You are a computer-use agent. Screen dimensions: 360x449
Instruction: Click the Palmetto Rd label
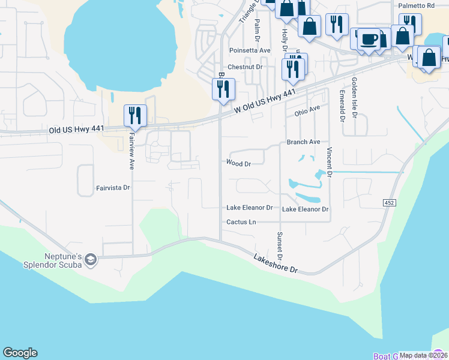(x=417, y=5)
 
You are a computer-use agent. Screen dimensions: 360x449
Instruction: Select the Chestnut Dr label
(x=245, y=67)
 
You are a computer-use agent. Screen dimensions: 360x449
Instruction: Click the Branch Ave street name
(x=303, y=142)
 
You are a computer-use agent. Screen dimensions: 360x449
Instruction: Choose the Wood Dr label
(x=238, y=163)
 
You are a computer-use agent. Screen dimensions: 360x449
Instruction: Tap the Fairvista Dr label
(x=113, y=188)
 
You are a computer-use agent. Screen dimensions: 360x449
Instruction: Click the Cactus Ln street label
(x=241, y=222)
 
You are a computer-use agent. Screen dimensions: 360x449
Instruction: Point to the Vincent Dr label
(x=330, y=162)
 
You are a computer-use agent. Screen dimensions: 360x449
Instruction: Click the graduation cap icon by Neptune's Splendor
(x=91, y=259)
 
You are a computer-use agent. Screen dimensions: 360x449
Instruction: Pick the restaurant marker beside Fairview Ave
(x=135, y=115)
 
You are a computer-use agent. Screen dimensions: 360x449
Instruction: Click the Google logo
(x=20, y=353)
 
